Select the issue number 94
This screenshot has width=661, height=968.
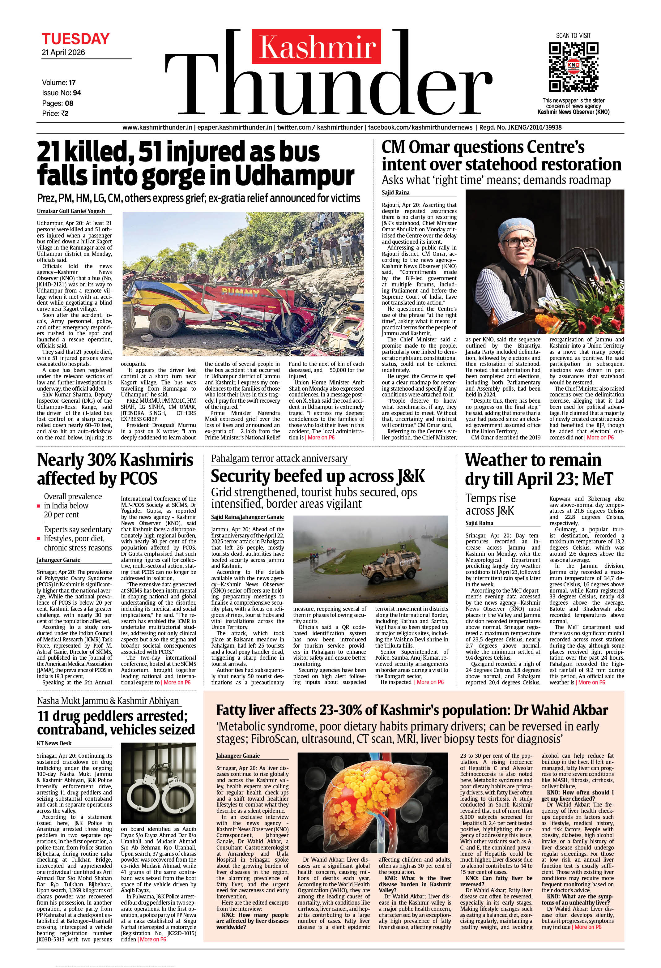77,92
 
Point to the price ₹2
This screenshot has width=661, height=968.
64,113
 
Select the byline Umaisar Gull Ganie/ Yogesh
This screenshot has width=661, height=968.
71,211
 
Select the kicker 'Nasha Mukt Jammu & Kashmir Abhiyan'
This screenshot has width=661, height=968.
108,700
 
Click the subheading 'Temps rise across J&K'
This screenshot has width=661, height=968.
490,504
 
